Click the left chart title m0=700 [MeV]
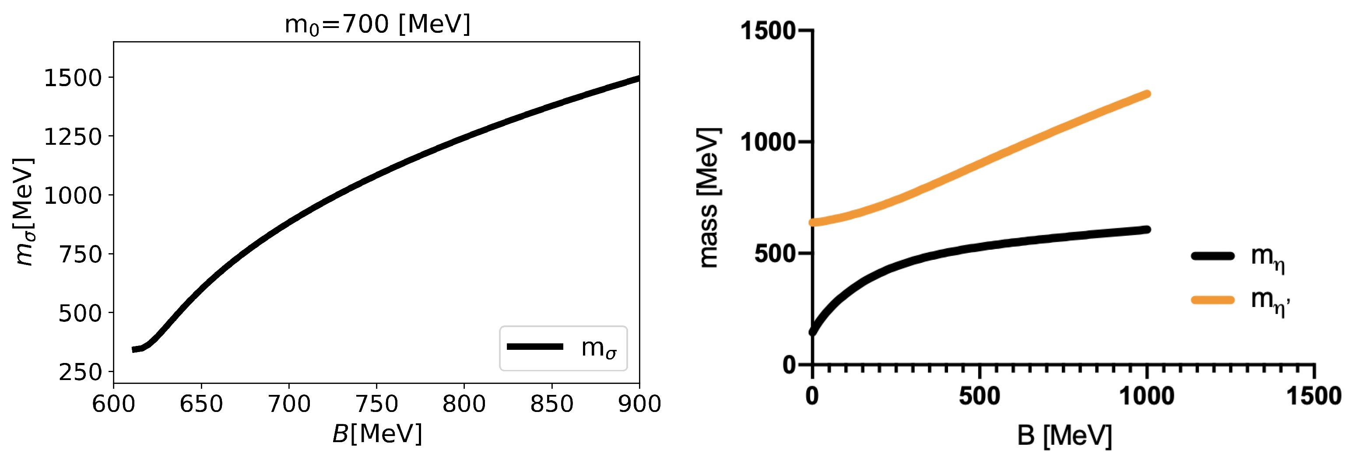coord(377,24)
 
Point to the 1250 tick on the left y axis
coord(72,137)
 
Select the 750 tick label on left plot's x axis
coord(376,404)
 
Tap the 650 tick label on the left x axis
coord(201,404)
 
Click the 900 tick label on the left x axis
coord(639,404)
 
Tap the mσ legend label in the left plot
coord(598,348)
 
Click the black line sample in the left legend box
coord(535,346)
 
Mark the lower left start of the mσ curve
coord(134,350)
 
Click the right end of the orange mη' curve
coord(1147,94)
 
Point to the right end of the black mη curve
coord(1147,230)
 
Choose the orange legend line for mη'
coord(1212,300)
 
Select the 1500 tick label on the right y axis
coord(767,31)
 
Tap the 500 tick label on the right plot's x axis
coord(980,396)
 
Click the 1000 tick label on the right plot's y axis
coord(767,142)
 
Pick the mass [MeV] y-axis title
coord(709,198)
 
